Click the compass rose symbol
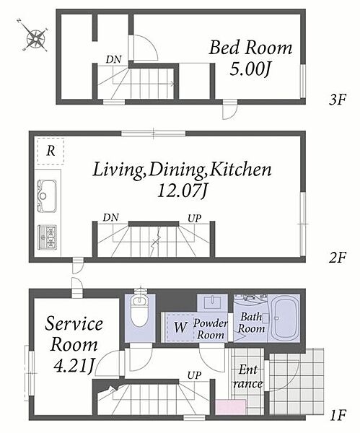tap(36, 37)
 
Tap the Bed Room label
tap(250, 48)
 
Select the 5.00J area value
tap(250, 69)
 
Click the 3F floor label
tap(337, 100)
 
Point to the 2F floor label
tap(337, 258)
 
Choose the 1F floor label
tap(338, 415)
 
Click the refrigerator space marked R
tap(50, 152)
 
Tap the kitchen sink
tap(47, 196)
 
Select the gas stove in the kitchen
tap(47, 237)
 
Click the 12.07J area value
tap(182, 191)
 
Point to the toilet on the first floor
tap(140, 309)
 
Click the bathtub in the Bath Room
tap(284, 318)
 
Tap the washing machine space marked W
tap(180, 328)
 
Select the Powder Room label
tap(211, 328)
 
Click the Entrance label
tap(247, 377)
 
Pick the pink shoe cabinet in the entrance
tap(231, 407)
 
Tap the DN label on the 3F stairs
tap(113, 59)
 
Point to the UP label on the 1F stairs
tap(194, 375)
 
